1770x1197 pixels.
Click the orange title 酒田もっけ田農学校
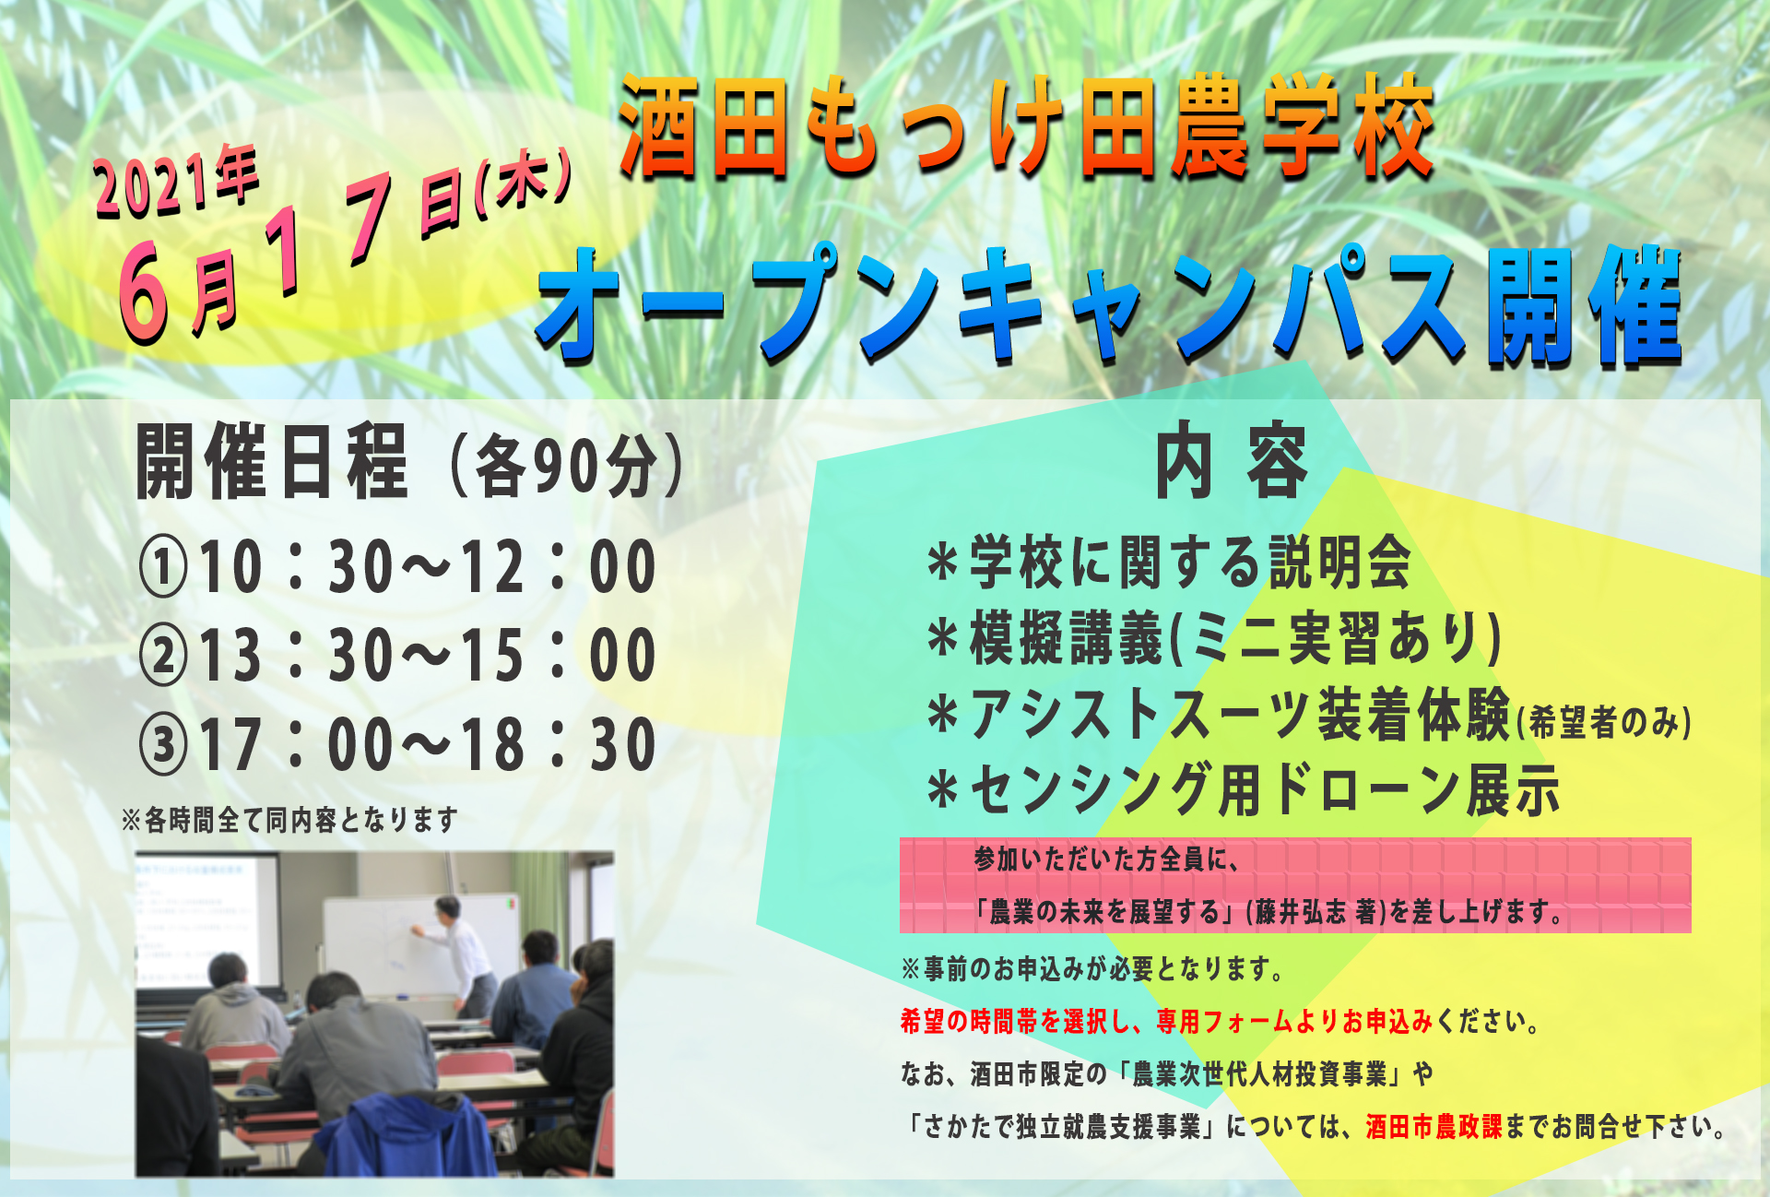(x=1025, y=127)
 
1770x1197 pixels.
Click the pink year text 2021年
(x=175, y=183)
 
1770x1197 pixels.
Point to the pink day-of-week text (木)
(x=524, y=186)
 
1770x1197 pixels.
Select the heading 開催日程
(x=271, y=462)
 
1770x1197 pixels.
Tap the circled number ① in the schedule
(x=164, y=567)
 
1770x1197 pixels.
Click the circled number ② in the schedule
(x=164, y=656)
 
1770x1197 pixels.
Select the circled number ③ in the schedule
(x=164, y=744)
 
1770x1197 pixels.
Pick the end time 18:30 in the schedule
(x=559, y=744)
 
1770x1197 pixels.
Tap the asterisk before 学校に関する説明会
(x=943, y=563)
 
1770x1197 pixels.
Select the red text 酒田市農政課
(x=1434, y=1126)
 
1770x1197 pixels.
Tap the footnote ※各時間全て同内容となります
(x=289, y=820)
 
